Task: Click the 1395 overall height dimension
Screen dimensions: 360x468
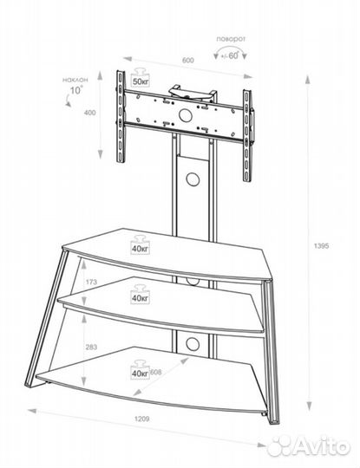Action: (x=322, y=246)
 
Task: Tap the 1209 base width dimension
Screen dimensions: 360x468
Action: (x=141, y=419)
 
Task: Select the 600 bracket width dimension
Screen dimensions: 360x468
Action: (x=188, y=61)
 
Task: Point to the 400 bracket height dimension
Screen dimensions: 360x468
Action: (x=90, y=113)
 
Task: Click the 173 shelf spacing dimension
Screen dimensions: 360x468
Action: (x=91, y=282)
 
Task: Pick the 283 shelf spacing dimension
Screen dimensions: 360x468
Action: (x=91, y=347)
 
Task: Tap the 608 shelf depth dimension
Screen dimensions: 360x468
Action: (x=156, y=372)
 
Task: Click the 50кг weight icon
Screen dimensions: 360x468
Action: (x=141, y=77)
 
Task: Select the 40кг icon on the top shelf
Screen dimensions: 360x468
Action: (x=141, y=245)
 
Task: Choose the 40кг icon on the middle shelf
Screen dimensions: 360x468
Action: (x=141, y=295)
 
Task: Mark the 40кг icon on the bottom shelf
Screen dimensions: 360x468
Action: (x=141, y=370)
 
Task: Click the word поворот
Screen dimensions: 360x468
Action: (x=231, y=39)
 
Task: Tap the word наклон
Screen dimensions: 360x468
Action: (x=75, y=80)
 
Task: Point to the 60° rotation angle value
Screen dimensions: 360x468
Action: (x=233, y=55)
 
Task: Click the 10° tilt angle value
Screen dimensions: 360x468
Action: (x=76, y=89)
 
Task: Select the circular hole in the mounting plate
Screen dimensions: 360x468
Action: (x=186, y=115)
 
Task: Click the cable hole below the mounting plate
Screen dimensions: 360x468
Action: (x=193, y=179)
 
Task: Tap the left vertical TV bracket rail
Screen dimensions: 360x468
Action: (x=121, y=116)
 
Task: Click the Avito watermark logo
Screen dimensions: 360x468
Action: (x=309, y=445)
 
